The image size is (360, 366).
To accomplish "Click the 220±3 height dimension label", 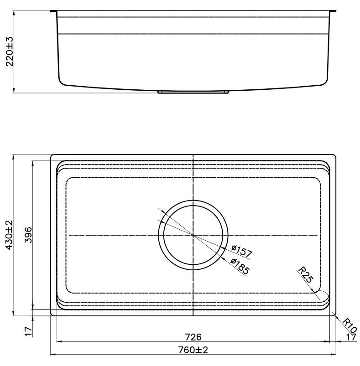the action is (x=10, y=52).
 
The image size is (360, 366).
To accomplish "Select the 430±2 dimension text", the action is (x=9, y=235).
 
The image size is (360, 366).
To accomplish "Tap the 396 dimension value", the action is (x=28, y=235).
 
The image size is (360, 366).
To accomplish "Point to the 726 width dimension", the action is (x=193, y=337).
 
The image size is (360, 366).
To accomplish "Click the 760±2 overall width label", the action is (x=193, y=350).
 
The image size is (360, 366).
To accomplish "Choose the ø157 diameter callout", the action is (x=242, y=251).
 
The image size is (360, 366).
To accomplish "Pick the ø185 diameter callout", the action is (x=240, y=266).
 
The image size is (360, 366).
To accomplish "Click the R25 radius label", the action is (x=305, y=275).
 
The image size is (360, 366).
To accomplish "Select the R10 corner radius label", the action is (x=350, y=325).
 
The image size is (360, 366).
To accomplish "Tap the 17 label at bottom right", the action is (x=351, y=337).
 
